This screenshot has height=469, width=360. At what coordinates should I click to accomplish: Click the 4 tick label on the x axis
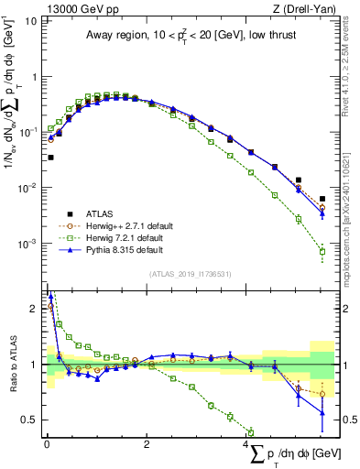(247, 444)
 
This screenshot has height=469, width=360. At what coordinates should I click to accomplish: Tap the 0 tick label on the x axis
(47, 444)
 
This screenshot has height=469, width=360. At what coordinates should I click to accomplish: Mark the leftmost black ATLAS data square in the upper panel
(50, 158)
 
